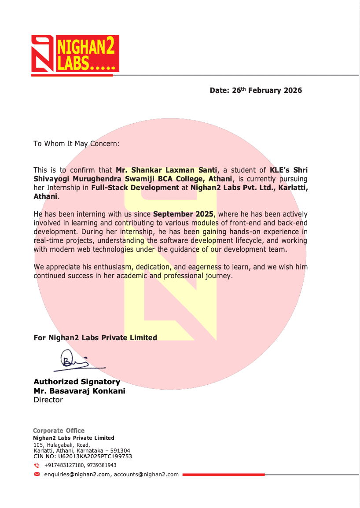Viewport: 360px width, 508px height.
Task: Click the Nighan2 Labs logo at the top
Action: (75, 54)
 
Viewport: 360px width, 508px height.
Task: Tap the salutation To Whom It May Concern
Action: (77, 144)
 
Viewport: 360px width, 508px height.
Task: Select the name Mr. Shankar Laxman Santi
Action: (167, 170)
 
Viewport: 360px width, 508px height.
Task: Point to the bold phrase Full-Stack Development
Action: (135, 188)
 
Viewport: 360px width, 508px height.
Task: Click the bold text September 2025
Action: (184, 214)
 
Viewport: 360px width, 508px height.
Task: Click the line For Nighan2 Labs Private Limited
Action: (95, 338)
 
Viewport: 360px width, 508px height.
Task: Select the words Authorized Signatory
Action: (77, 382)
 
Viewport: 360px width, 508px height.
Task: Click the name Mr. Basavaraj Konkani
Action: (79, 391)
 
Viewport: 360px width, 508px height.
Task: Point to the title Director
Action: (48, 400)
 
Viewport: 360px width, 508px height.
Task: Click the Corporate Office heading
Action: (59, 431)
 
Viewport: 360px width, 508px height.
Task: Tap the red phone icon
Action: (37, 465)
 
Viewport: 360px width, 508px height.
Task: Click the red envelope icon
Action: (37, 474)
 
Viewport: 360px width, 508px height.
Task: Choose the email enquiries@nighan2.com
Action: (77, 475)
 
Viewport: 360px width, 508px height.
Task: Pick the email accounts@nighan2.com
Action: (146, 475)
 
